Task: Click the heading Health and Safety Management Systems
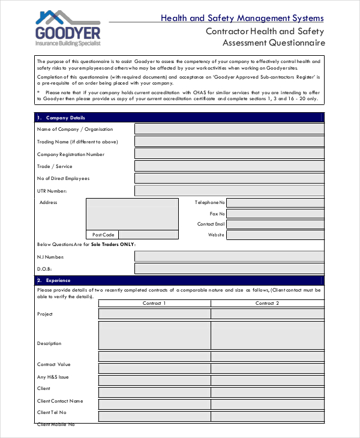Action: pos(242,18)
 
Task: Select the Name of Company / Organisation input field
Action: pos(229,129)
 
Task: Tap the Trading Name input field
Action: pos(229,142)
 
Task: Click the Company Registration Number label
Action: pos(71,154)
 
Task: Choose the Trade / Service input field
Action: pos(229,166)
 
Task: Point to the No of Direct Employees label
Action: pos(63,178)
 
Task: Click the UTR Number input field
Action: pos(229,191)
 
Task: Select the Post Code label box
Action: pos(103,235)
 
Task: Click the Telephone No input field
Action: pos(275,203)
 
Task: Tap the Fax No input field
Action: pos(275,214)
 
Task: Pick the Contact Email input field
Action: pos(275,224)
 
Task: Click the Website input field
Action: pos(275,235)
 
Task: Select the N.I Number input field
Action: pos(229,256)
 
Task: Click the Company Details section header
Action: pos(179,118)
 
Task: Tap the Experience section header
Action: pos(179,280)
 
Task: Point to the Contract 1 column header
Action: pos(154,304)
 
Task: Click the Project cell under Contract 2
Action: pos(267,314)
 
